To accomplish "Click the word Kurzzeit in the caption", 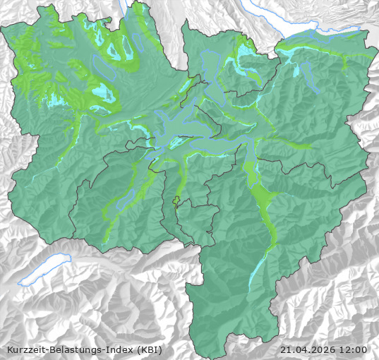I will tap(25, 349).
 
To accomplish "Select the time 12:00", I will tap(353, 349).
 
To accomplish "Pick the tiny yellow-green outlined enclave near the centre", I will tap(176, 203).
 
